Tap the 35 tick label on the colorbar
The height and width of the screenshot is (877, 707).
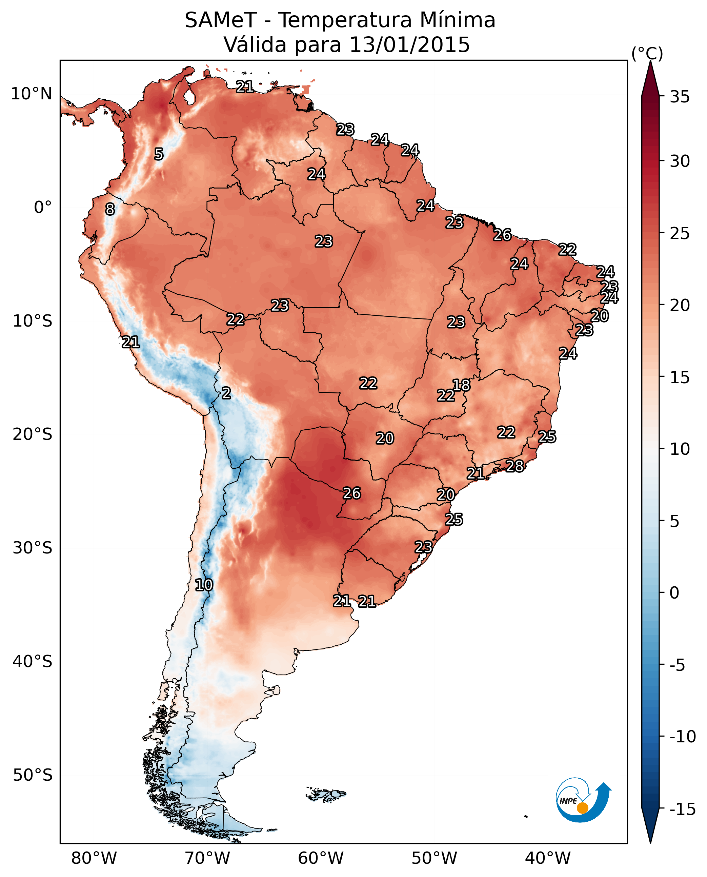[680, 97]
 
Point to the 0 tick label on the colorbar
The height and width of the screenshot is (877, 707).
[674, 593]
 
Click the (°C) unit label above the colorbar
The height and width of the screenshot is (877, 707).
[647, 53]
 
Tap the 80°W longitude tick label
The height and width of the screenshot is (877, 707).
[94, 858]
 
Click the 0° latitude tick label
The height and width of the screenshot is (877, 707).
[43, 208]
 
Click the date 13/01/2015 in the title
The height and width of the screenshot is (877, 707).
[409, 44]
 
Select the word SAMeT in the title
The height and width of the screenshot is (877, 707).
[221, 20]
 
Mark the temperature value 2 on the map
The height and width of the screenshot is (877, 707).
[226, 393]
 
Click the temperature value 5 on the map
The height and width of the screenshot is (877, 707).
[159, 154]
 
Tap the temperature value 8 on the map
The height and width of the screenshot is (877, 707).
[110, 210]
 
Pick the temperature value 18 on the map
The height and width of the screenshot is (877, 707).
[461, 385]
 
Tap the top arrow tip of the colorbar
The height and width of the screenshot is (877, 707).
[650, 62]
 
